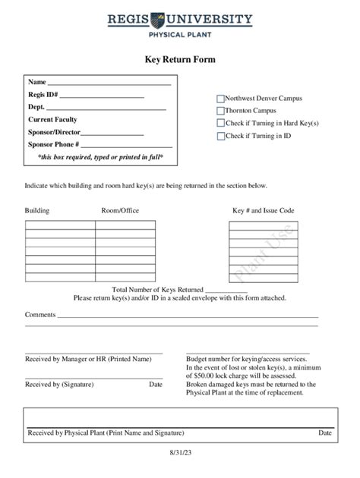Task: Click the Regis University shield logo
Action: (180, 19)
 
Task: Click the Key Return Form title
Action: (180, 59)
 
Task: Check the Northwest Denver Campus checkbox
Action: (221, 99)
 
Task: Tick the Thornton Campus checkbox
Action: (221, 111)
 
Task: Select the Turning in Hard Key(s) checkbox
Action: (221, 123)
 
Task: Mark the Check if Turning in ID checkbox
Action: (221, 136)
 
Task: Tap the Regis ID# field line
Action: (102, 96)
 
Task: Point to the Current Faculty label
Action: (52, 120)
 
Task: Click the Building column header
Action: (37, 210)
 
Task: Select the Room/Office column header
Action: (120, 210)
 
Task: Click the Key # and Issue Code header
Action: (263, 210)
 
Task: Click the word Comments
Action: (40, 314)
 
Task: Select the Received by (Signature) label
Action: (59, 385)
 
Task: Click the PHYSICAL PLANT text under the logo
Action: (180, 34)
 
